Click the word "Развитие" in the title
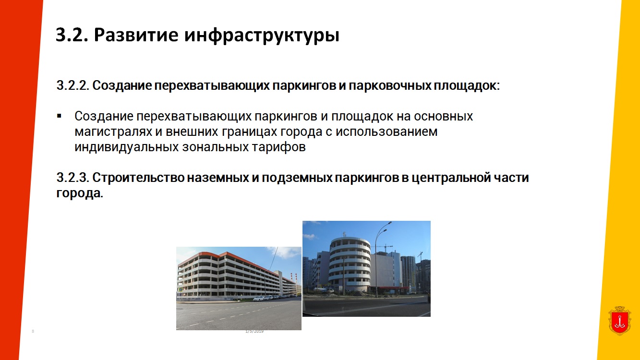click(136, 35)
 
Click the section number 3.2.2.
click(73, 85)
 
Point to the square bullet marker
click(59, 116)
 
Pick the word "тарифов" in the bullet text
click(278, 147)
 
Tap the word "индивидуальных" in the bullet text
click(127, 147)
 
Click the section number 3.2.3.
click(73, 178)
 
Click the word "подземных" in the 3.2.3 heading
click(297, 178)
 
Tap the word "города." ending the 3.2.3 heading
click(79, 193)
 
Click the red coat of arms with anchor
click(619, 321)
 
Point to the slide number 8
click(33, 331)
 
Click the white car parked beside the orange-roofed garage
click(259, 299)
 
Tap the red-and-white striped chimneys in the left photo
click(293, 276)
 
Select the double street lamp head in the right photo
click(386, 226)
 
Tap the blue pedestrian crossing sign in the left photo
click(180, 289)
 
